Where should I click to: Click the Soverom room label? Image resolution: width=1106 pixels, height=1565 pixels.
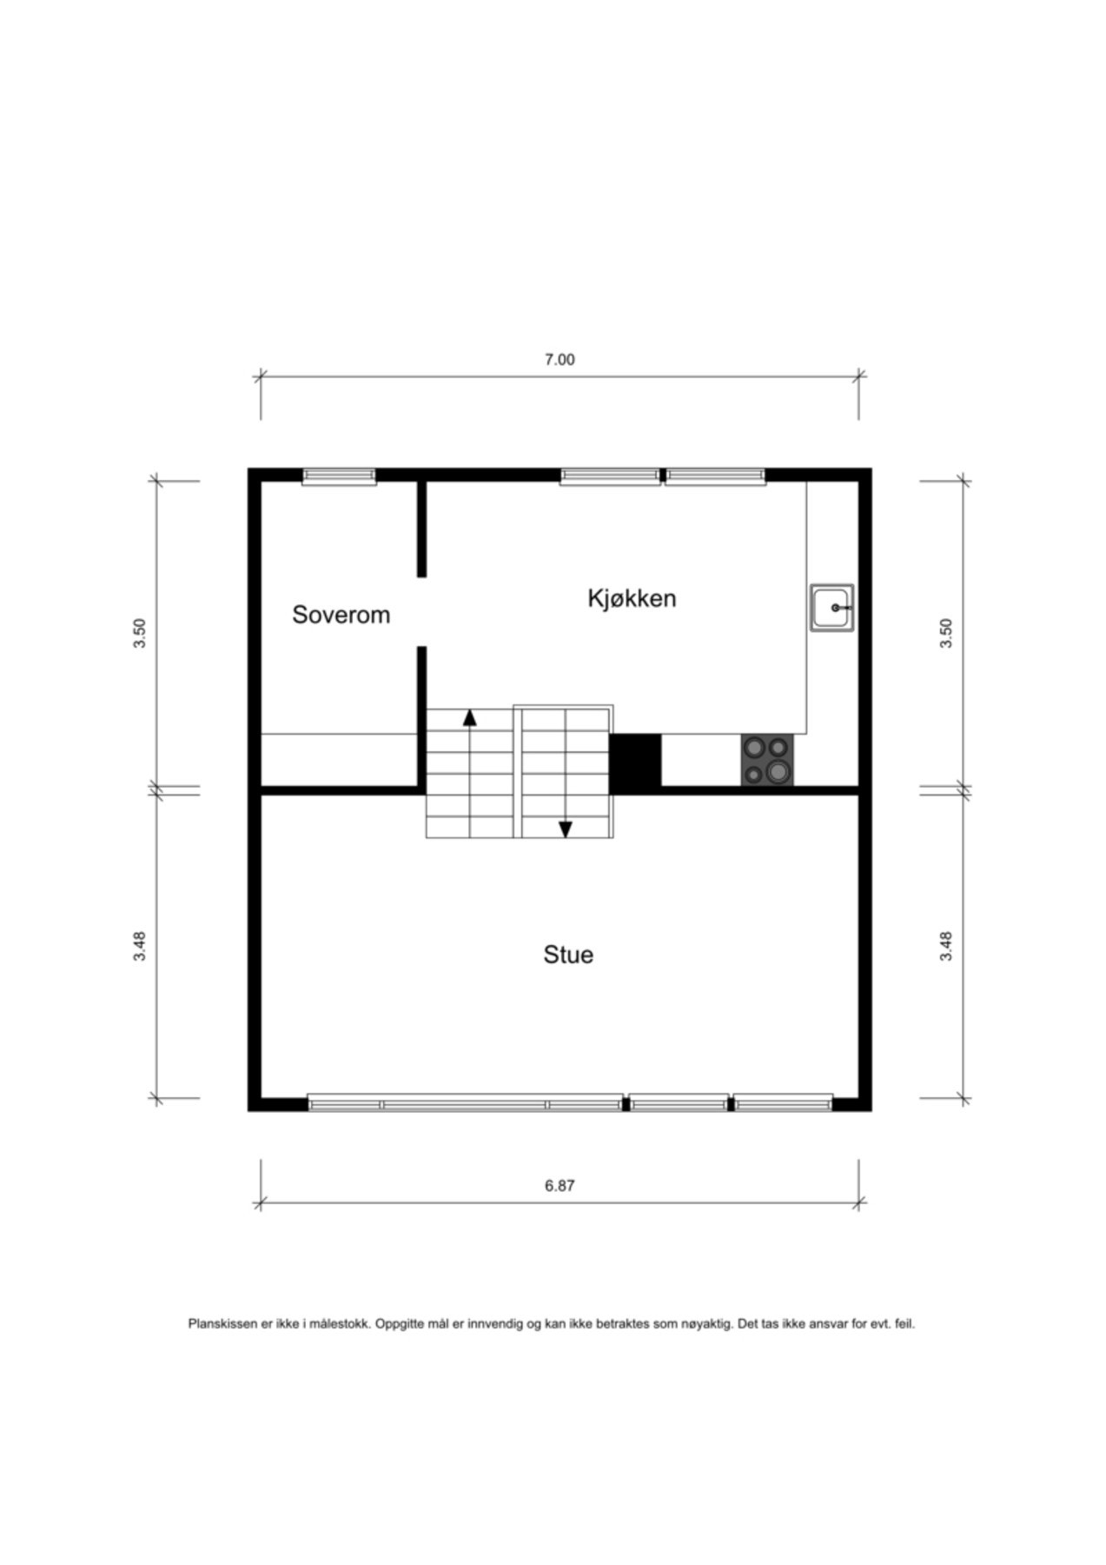pyautogui.click(x=341, y=615)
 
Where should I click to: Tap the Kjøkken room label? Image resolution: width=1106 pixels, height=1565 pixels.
pyautogui.click(x=632, y=598)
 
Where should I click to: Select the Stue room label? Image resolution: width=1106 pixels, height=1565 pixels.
pyautogui.click(x=568, y=955)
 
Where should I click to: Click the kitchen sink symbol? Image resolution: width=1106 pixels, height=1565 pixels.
pyautogui.click(x=832, y=608)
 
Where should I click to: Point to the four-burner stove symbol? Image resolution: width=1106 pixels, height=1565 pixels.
pyautogui.click(x=767, y=760)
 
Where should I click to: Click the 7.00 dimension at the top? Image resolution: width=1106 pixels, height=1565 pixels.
pyautogui.click(x=560, y=360)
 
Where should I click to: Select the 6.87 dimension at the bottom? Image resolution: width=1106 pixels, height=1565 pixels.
pyautogui.click(x=560, y=1185)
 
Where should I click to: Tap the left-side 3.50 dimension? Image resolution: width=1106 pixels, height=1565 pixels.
pyautogui.click(x=140, y=632)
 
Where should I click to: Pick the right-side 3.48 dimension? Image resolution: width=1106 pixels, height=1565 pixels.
pyautogui.click(x=946, y=946)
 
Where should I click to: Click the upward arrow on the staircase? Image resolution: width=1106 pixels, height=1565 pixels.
pyautogui.click(x=470, y=718)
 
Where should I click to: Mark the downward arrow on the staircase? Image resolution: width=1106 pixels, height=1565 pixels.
pyautogui.click(x=566, y=829)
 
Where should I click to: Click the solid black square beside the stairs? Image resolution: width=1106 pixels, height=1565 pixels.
pyautogui.click(x=635, y=763)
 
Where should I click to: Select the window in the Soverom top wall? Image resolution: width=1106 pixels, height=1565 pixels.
pyautogui.click(x=339, y=476)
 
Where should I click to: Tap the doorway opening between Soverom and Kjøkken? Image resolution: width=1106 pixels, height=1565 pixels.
pyautogui.click(x=422, y=612)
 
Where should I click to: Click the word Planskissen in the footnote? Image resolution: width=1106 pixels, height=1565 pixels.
pyautogui.click(x=222, y=1324)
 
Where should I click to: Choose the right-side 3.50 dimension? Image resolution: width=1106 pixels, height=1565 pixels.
pyautogui.click(x=946, y=632)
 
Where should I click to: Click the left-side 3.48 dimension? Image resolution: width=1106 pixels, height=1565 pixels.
pyautogui.click(x=140, y=946)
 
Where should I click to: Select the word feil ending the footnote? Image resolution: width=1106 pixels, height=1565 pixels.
pyautogui.click(x=904, y=1324)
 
